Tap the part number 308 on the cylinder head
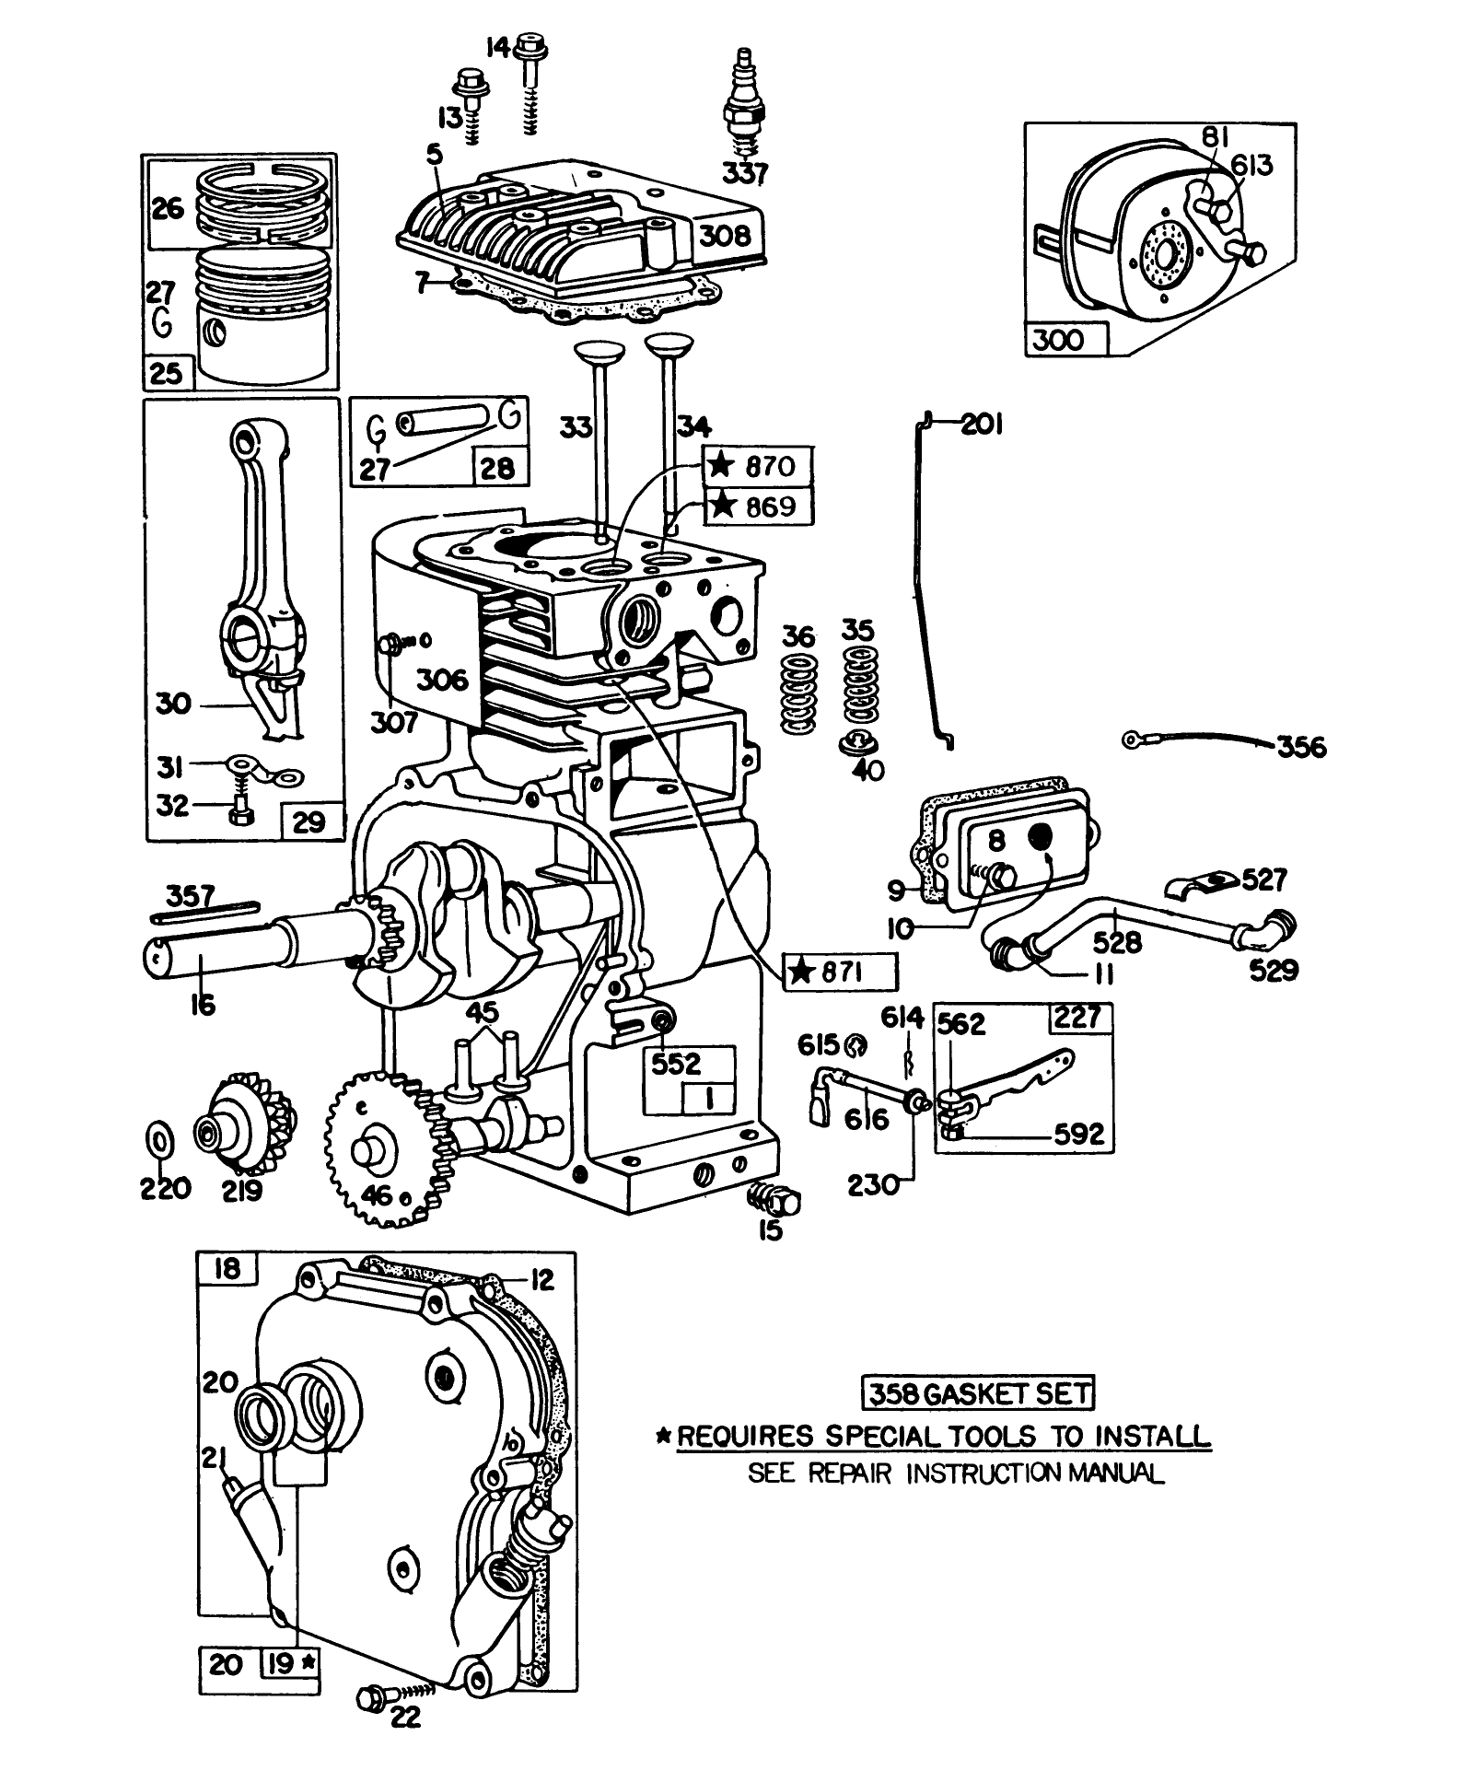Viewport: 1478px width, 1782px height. pos(725,235)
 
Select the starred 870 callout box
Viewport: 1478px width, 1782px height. pos(760,467)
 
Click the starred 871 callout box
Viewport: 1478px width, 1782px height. pos(838,972)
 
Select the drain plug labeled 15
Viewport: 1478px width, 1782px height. pos(776,1200)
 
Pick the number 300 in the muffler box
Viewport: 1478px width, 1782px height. pos(1059,340)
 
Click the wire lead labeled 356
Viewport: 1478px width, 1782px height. pos(1197,741)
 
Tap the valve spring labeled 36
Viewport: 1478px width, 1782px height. pos(798,695)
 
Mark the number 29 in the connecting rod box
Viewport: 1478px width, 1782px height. pos(308,821)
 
